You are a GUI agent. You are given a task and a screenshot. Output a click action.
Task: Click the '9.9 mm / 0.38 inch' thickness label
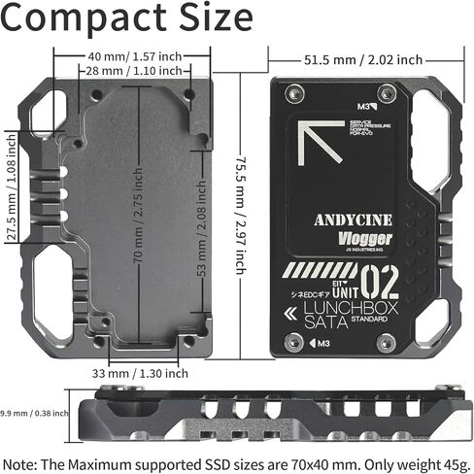(35, 412)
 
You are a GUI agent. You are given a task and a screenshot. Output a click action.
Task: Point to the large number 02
(385, 281)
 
